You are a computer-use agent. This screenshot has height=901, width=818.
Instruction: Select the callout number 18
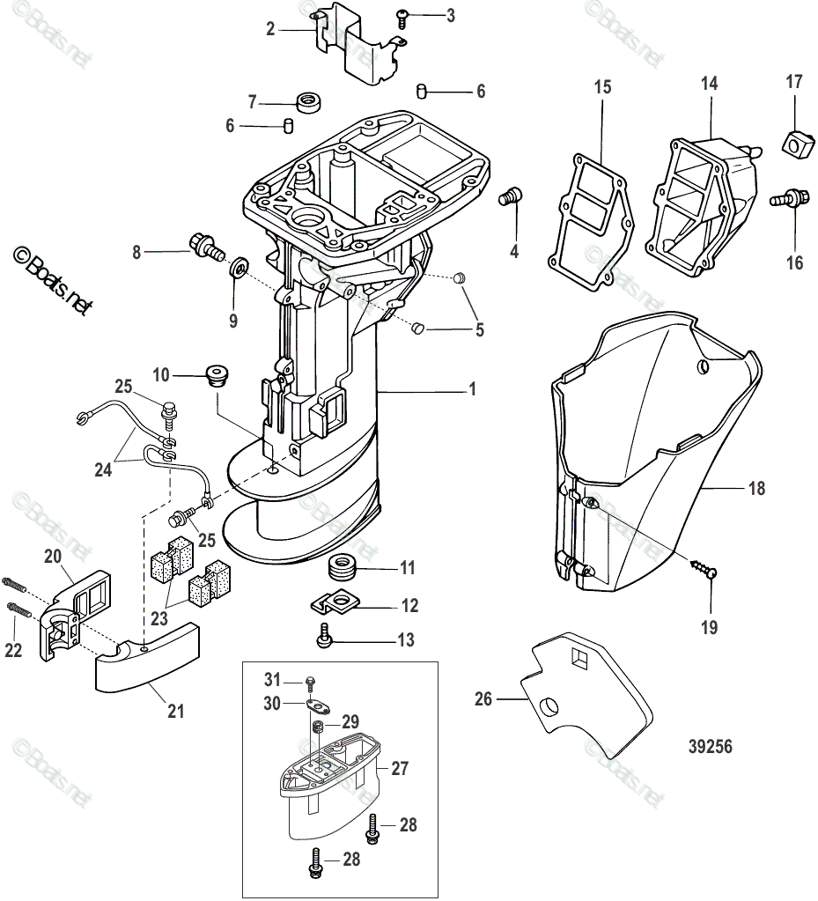pos(755,487)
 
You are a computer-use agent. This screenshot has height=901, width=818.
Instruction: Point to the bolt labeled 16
pos(791,198)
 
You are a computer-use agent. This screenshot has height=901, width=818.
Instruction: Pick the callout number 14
pos(709,84)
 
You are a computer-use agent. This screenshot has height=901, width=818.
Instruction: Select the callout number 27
pos(400,768)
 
